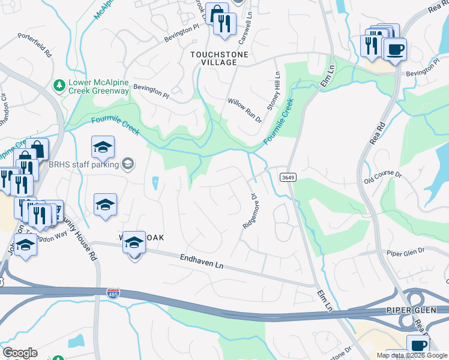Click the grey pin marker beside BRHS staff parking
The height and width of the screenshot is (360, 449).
pyautogui.click(x=127, y=163)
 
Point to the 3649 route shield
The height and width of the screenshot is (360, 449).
pyautogui.click(x=287, y=176)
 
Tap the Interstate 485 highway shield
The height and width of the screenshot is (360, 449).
pyautogui.click(x=112, y=293)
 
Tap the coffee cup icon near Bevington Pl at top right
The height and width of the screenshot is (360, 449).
pyautogui.click(x=394, y=49)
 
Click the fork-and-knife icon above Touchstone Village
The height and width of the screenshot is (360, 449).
pyautogui.click(x=225, y=24)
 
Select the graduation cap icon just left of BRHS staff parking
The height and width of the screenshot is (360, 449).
pyautogui.click(x=103, y=147)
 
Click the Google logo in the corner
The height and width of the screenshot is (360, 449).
pyautogui.click(x=20, y=353)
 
